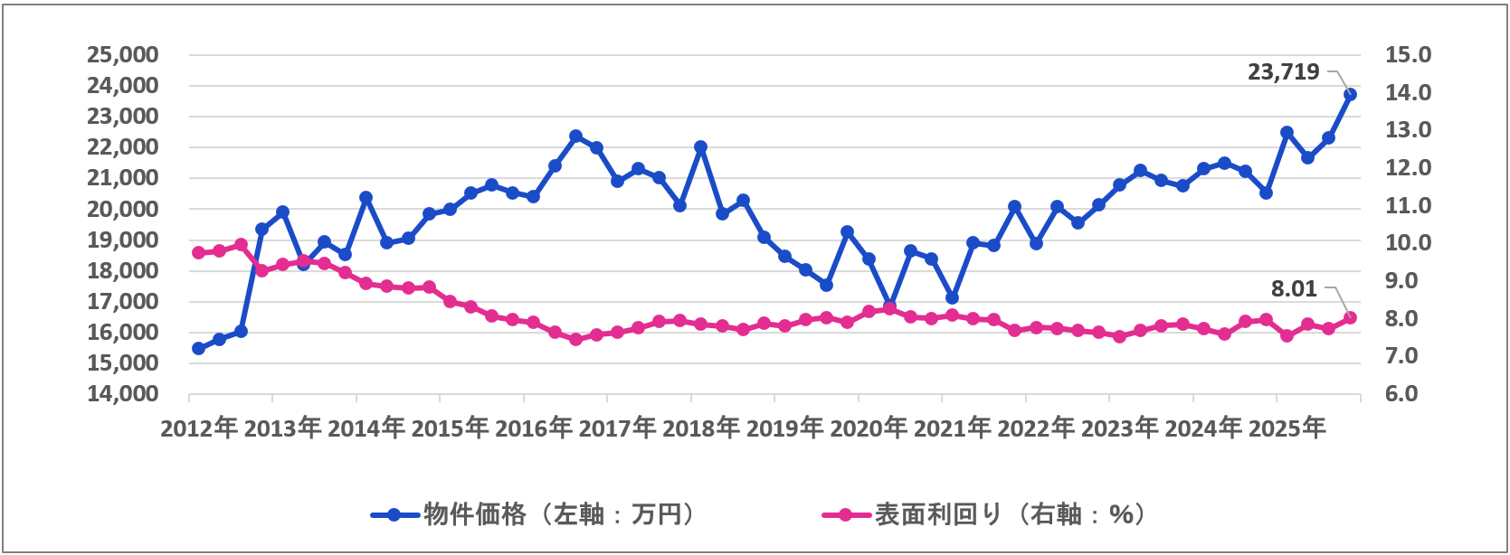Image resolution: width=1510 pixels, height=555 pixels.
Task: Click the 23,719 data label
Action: tap(1283, 72)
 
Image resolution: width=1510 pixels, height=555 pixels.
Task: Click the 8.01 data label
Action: tap(1294, 289)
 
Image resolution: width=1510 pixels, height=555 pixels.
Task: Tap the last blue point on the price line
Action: tap(1350, 94)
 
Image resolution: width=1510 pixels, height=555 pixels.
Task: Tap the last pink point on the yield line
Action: tap(1350, 317)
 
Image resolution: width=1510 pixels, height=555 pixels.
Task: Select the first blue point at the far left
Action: tap(198, 348)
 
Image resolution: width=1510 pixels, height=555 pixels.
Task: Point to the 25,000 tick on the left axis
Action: tap(122, 55)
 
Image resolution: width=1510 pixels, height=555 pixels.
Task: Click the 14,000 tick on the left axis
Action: tap(122, 394)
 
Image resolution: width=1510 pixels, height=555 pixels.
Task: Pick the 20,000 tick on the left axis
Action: tap(122, 209)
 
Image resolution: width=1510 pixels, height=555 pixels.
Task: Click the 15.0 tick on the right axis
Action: tap(1408, 55)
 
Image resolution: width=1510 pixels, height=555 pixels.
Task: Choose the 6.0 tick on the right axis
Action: tap(1408, 394)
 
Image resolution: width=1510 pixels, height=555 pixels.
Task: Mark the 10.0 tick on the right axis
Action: tap(1408, 243)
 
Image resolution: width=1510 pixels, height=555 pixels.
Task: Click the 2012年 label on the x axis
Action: tap(199, 428)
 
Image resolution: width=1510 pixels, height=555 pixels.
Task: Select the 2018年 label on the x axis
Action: tap(701, 428)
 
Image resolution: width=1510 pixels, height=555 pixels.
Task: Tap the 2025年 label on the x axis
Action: tap(1287, 428)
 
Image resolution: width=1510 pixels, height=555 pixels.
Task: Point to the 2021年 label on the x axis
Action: tap(953, 428)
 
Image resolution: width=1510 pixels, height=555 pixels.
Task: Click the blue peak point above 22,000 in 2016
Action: tap(576, 136)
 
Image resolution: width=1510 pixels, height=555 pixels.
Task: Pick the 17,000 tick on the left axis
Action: tap(122, 302)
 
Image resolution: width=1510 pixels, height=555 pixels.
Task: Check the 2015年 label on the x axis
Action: tap(450, 428)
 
